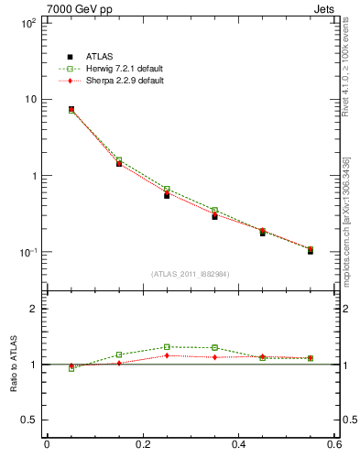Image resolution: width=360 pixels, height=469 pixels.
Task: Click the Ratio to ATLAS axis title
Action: pyautogui.click(x=14, y=364)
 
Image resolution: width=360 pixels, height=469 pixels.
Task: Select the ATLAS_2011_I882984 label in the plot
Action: pyautogui.click(x=191, y=274)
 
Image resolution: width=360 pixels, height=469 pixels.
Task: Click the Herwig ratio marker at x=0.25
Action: pyautogui.click(x=167, y=347)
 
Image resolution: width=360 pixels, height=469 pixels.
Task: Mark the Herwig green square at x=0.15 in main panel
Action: pyautogui.click(x=119, y=160)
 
